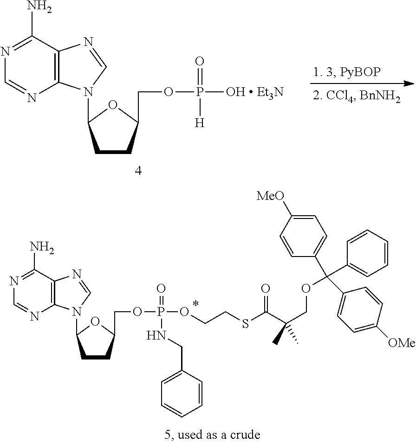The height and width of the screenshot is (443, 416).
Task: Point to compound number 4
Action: (138, 171)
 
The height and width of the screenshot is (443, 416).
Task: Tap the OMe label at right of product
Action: (400, 343)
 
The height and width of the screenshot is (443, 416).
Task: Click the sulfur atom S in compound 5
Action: (245, 323)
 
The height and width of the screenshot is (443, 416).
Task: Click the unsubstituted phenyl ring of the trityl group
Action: (367, 250)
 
